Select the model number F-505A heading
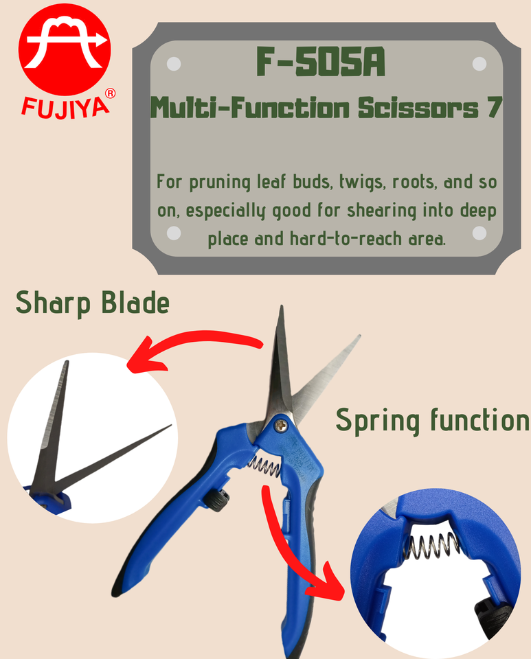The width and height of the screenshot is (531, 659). (x=320, y=63)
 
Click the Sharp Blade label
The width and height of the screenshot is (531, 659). (x=93, y=303)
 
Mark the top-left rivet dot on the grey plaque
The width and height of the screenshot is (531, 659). (x=174, y=63)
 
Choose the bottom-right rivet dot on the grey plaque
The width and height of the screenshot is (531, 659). (x=479, y=233)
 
